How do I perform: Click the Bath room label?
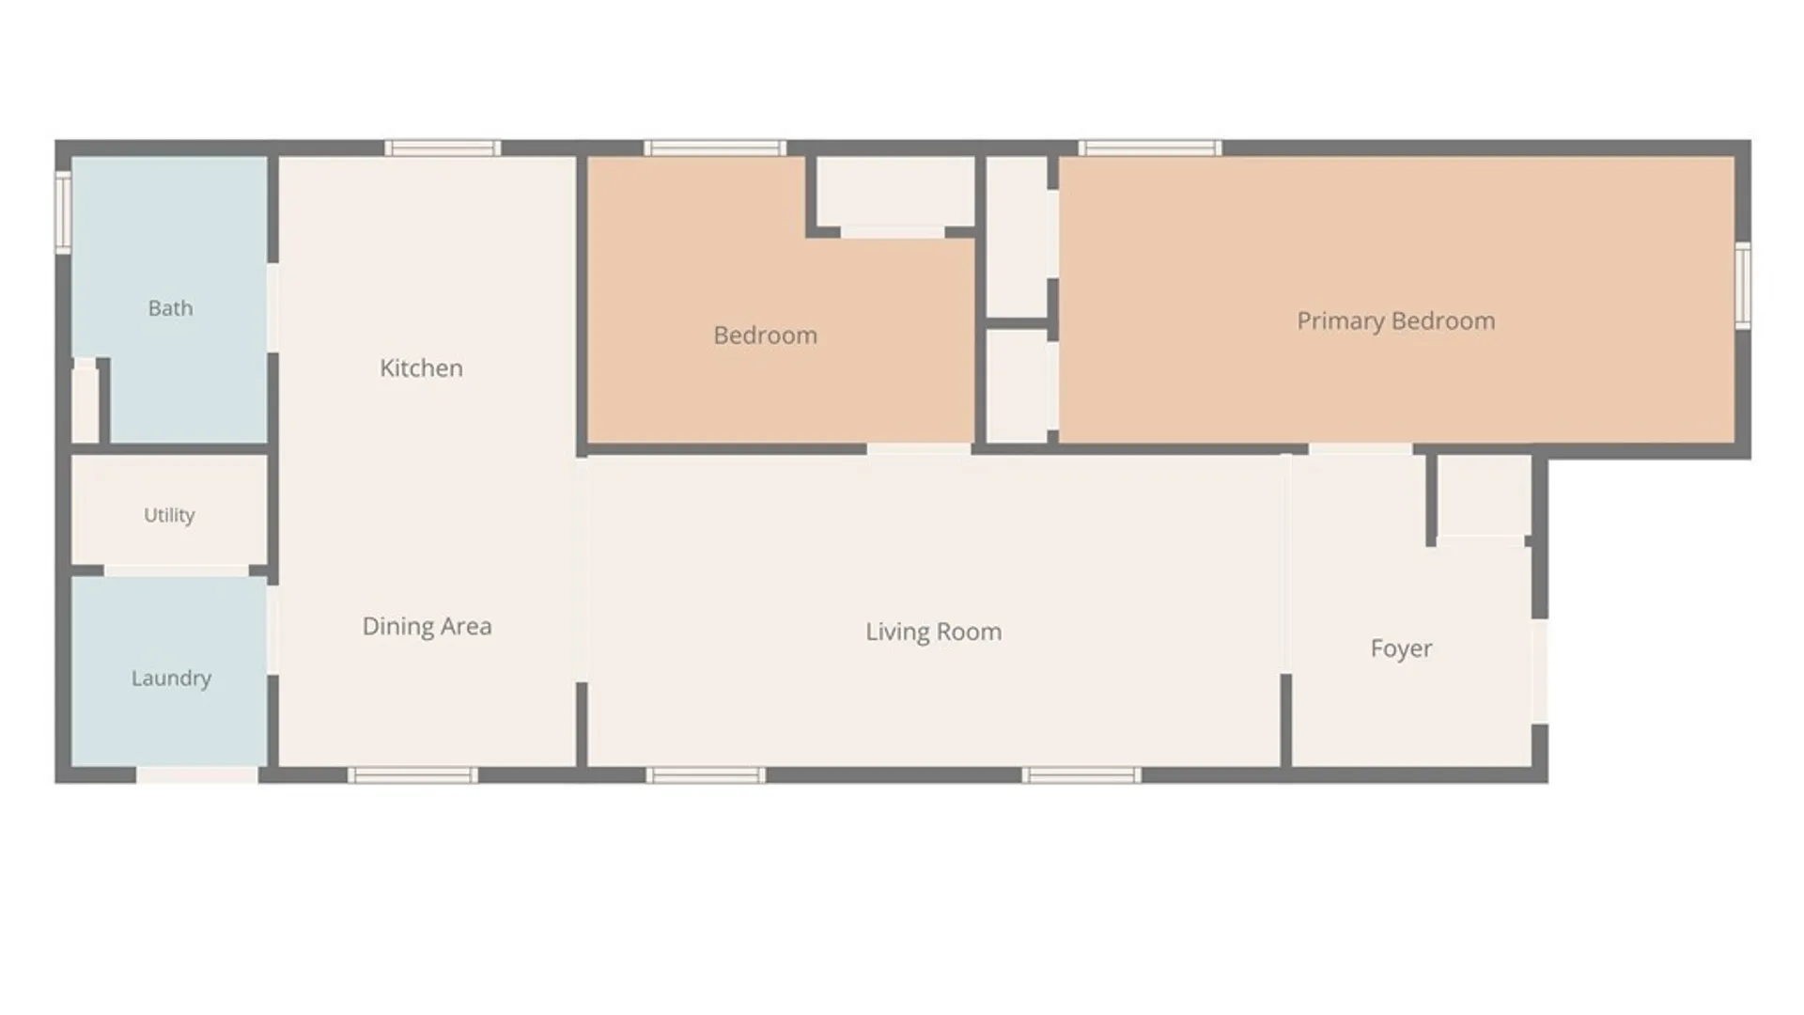(170, 308)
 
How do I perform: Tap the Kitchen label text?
(421, 367)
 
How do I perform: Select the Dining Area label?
(427, 626)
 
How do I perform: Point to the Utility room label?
(169, 515)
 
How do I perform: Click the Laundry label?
(171, 678)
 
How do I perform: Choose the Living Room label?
(933, 632)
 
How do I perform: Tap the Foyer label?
(1401, 648)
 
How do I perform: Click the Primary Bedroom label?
(1395, 320)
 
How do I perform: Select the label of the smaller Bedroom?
(765, 336)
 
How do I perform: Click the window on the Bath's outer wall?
(63, 211)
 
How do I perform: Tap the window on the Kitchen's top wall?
(443, 148)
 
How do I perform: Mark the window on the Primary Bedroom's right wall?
(1743, 285)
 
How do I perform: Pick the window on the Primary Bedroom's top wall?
(1150, 148)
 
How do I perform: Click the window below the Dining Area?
(412, 775)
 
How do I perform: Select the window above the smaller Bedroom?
(714, 148)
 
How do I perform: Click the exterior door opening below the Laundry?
(197, 775)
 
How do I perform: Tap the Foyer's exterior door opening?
(1540, 671)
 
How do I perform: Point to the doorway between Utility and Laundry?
(177, 570)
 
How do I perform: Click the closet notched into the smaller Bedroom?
(894, 192)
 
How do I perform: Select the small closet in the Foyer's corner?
(1485, 496)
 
